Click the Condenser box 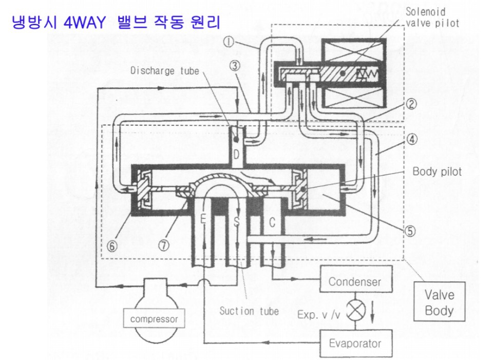(x=355, y=281)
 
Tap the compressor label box (x=154, y=319)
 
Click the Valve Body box (x=439, y=302)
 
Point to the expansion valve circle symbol (x=354, y=312)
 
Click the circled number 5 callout (x=409, y=231)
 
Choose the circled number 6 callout (x=112, y=245)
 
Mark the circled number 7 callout (x=163, y=245)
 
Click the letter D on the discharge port (x=236, y=154)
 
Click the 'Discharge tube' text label (x=164, y=70)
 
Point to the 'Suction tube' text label (x=249, y=310)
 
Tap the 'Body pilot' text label (x=437, y=172)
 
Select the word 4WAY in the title (x=84, y=23)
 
